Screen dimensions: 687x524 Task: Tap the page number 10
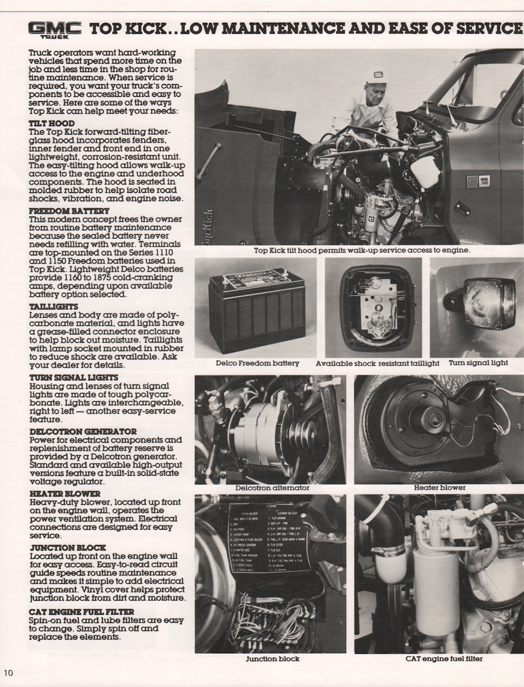coord(8,672)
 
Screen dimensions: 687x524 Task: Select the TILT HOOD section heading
coord(52,123)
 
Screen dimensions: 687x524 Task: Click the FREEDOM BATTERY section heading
coord(69,211)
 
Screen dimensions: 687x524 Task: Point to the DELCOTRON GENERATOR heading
coord(83,431)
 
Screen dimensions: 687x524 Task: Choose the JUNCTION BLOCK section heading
coord(67,547)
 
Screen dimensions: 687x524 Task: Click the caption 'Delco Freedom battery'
coord(257,363)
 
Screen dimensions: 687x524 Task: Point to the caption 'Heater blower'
coord(440,488)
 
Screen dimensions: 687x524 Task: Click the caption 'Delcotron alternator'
coord(272,488)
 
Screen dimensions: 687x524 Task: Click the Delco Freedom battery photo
coord(256,311)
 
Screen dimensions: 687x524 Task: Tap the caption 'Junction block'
coord(272,658)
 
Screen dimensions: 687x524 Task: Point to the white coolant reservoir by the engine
coord(425,170)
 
